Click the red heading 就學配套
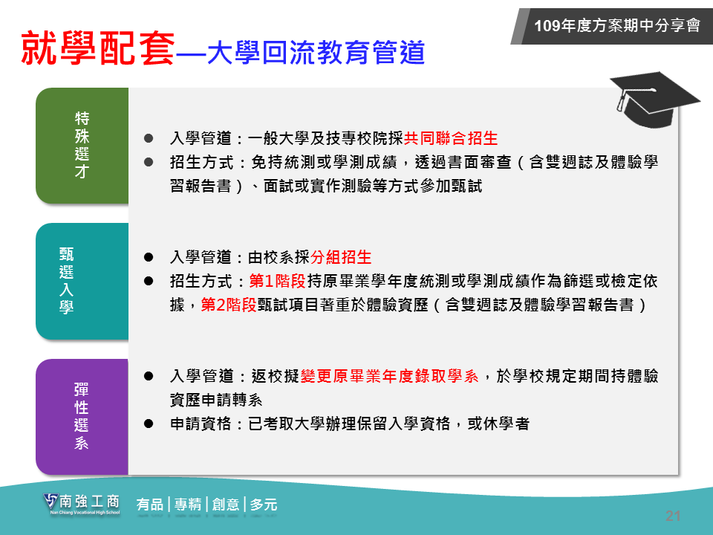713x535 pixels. click(98, 48)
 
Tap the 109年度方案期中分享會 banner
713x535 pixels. click(612, 26)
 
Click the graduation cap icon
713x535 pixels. click(654, 100)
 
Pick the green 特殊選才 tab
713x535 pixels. click(82, 146)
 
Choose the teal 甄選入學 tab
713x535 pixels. click(82, 281)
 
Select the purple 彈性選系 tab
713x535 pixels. click(82, 417)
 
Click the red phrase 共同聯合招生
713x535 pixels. click(451, 138)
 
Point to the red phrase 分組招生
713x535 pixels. click(341, 258)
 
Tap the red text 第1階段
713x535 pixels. click(277, 281)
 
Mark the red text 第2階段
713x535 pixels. click(229, 305)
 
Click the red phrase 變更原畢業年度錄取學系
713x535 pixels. click(390, 376)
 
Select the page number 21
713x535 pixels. click(673, 516)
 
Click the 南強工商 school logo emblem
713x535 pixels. click(51, 502)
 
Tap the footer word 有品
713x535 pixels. click(150, 505)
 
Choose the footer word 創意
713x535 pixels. click(226, 505)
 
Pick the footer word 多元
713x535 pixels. click(263, 505)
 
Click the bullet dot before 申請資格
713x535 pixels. click(149, 424)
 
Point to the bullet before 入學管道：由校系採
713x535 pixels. click(149, 258)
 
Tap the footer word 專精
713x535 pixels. click(188, 505)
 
